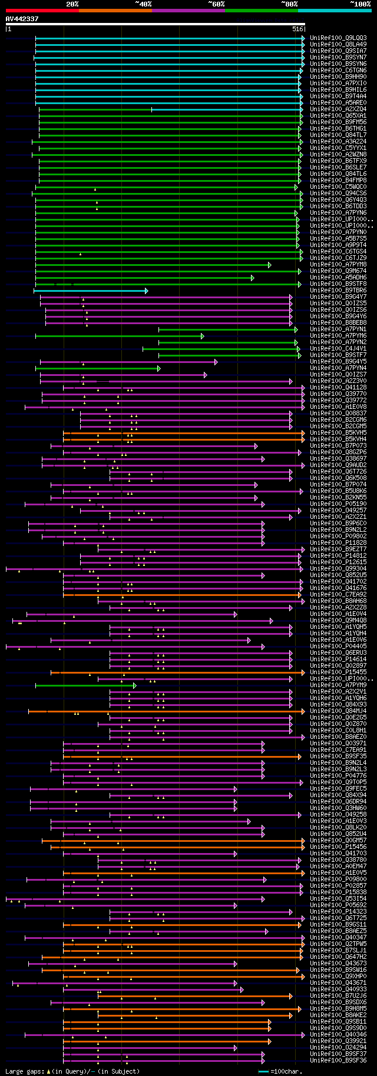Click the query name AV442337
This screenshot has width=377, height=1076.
point(22,19)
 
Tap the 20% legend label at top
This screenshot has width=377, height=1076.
point(72,4)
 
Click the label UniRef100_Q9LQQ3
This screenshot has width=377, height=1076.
point(338,38)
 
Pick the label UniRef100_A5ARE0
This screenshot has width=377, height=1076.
point(338,103)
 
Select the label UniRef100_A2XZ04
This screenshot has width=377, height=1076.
point(338,109)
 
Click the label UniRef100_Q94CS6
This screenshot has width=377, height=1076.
point(338,194)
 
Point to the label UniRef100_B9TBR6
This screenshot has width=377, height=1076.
point(338,291)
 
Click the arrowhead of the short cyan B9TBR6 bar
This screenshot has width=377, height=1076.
point(146,291)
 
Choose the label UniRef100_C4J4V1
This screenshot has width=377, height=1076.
point(338,349)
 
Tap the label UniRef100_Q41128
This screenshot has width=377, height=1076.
point(338,388)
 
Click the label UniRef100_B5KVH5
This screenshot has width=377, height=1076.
point(338,433)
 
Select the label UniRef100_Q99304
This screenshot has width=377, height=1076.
point(338,569)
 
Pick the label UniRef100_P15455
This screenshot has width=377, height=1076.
point(338,672)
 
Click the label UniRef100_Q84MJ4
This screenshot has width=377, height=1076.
point(338,711)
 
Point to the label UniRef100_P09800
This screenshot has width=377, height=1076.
point(338,880)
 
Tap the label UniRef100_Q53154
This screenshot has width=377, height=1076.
point(338,899)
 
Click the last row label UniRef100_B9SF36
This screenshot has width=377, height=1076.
point(338,1061)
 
